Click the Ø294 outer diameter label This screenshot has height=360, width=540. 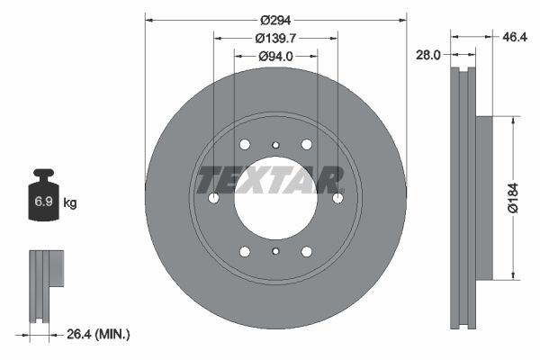click(275, 20)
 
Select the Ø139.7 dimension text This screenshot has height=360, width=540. click(275, 38)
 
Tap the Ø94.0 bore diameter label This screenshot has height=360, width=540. click(275, 56)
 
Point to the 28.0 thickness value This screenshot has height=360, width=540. click(428, 55)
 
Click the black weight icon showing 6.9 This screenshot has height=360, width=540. click(42, 202)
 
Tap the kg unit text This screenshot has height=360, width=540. click(69, 203)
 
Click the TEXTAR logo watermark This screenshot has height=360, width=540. click(270, 179)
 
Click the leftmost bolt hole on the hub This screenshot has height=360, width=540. click(213, 198)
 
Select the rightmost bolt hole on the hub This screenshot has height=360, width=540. click(337, 198)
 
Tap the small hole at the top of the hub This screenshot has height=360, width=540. click(275, 144)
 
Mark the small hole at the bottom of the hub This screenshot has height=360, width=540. click(275, 252)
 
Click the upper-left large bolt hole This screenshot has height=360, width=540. click(245, 144)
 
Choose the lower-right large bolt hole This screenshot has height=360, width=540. click(307, 252)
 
